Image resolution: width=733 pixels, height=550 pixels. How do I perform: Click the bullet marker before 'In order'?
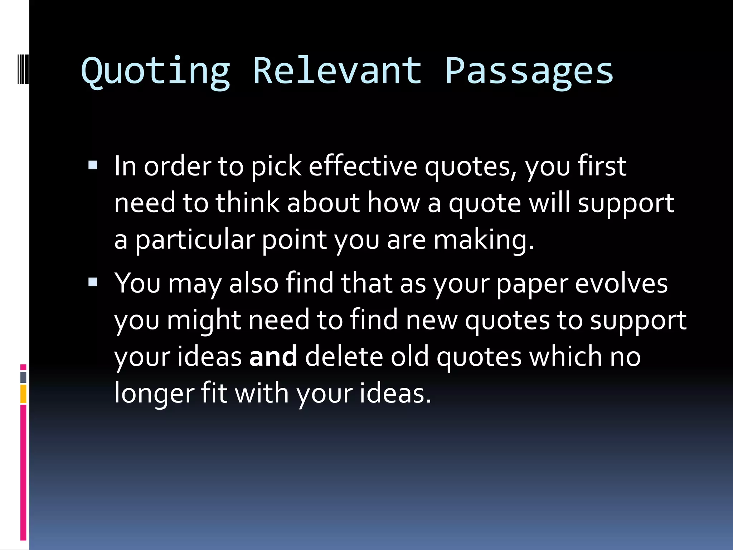[93, 165]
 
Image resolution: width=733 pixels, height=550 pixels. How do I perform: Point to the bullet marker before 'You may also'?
[93, 282]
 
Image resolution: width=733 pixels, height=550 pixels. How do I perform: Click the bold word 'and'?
[273, 357]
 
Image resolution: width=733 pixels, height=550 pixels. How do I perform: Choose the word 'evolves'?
[621, 283]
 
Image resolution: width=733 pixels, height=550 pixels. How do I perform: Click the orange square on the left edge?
[23, 394]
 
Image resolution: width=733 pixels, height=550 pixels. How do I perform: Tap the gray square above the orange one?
[23, 377]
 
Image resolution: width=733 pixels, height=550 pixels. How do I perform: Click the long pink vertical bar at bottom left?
[23, 473]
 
